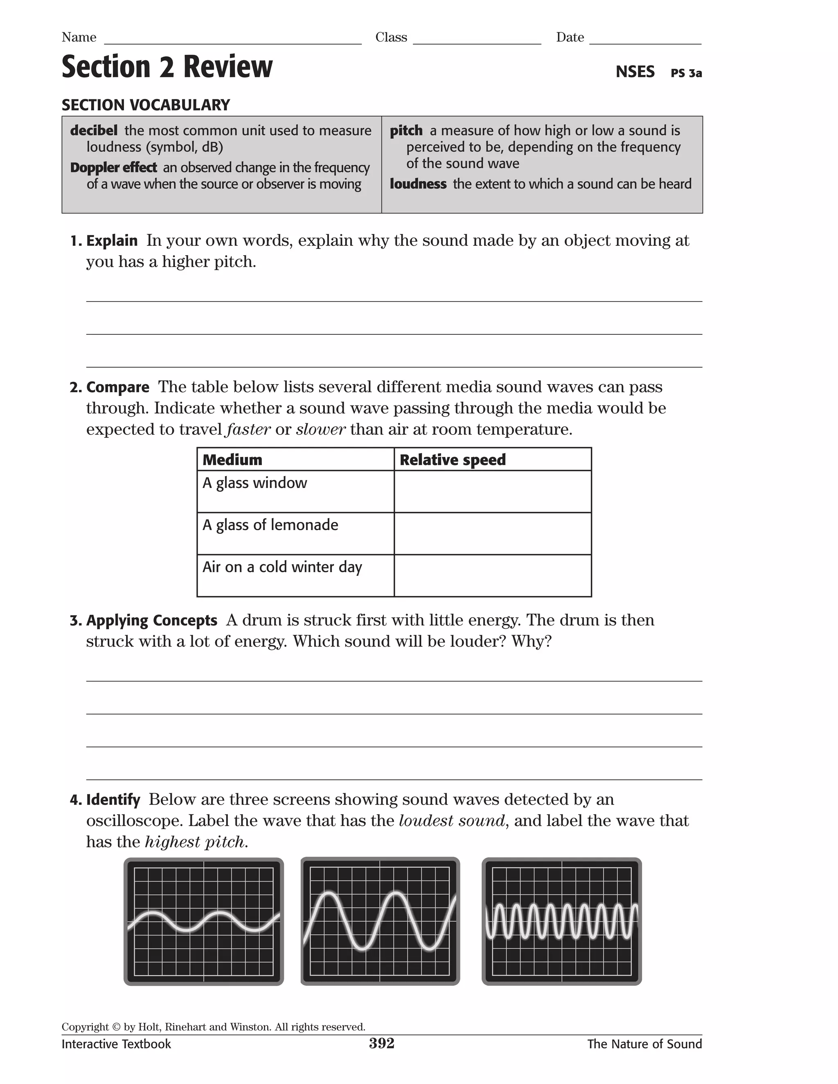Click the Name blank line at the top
[x=232, y=40]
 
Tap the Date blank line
[x=645, y=40]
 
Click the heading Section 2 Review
[x=167, y=67]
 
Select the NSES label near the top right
[x=635, y=72]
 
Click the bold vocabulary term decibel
[x=94, y=130]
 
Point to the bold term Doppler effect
[x=113, y=168]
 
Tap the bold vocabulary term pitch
[x=405, y=130]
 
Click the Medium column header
[x=232, y=460]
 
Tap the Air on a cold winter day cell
[x=282, y=567]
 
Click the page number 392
[x=381, y=1044]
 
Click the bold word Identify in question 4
[x=113, y=800]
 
